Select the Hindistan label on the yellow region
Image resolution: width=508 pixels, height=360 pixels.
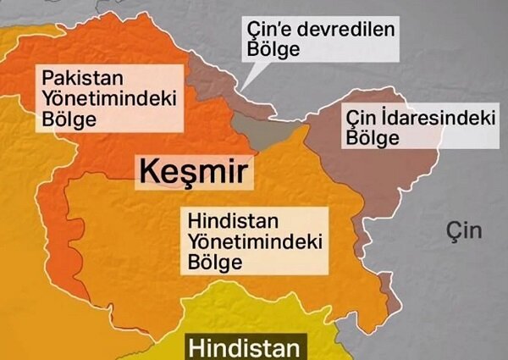(x=244, y=347)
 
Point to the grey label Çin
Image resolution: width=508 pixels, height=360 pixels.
(x=464, y=230)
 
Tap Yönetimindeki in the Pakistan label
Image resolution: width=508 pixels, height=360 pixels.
(x=108, y=99)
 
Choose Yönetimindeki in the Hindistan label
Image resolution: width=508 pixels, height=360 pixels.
(x=256, y=243)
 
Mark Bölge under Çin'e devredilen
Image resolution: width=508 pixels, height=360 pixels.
(x=273, y=50)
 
